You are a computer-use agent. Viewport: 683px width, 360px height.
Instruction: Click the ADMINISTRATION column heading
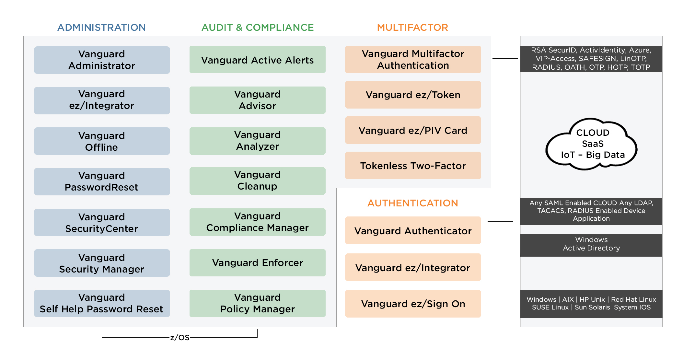click(x=101, y=28)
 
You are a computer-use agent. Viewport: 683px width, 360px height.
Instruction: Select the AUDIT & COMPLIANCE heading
click(x=258, y=28)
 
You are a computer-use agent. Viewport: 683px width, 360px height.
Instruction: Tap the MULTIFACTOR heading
click(x=412, y=28)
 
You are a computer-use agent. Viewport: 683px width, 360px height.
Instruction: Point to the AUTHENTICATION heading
click(x=412, y=203)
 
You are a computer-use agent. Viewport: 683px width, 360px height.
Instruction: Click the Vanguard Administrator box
click(x=102, y=60)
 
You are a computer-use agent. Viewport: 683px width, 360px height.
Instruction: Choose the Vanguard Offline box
click(x=102, y=141)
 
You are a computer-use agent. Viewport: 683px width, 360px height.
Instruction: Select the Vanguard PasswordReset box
click(x=102, y=181)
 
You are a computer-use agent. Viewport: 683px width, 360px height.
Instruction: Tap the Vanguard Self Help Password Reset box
click(x=102, y=303)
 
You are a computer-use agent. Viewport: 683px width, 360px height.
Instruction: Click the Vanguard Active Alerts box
click(x=258, y=60)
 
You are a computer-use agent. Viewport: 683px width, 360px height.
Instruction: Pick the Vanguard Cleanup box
click(x=258, y=181)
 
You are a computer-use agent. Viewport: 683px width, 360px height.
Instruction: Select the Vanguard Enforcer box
click(x=258, y=262)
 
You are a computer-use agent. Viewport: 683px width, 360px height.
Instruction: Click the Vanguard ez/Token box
click(x=413, y=95)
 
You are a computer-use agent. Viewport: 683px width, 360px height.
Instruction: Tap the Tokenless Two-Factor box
click(x=413, y=166)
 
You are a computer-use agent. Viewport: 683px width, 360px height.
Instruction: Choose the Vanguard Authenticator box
click(x=413, y=230)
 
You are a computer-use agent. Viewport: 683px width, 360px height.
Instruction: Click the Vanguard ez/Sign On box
click(x=413, y=304)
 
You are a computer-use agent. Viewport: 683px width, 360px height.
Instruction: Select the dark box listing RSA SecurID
click(x=591, y=59)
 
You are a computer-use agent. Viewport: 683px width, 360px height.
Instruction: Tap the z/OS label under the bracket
click(x=180, y=338)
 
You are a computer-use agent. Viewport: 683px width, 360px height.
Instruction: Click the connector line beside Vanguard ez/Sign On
click(x=500, y=304)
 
